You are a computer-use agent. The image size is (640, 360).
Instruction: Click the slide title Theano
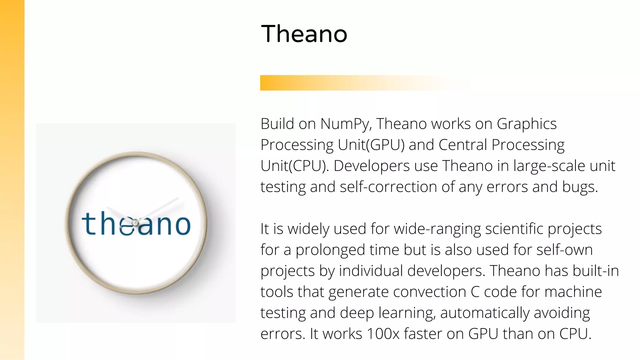(304, 34)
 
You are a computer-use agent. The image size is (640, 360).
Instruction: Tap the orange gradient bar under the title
(344, 83)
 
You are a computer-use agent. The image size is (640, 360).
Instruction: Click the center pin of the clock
(135, 223)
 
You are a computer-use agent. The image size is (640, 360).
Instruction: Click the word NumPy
(346, 124)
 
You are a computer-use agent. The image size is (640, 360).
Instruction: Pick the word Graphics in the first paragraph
(527, 124)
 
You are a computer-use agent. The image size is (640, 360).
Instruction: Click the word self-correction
(388, 187)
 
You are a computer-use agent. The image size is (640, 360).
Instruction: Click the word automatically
(485, 313)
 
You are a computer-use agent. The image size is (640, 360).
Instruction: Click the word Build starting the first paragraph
(277, 124)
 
